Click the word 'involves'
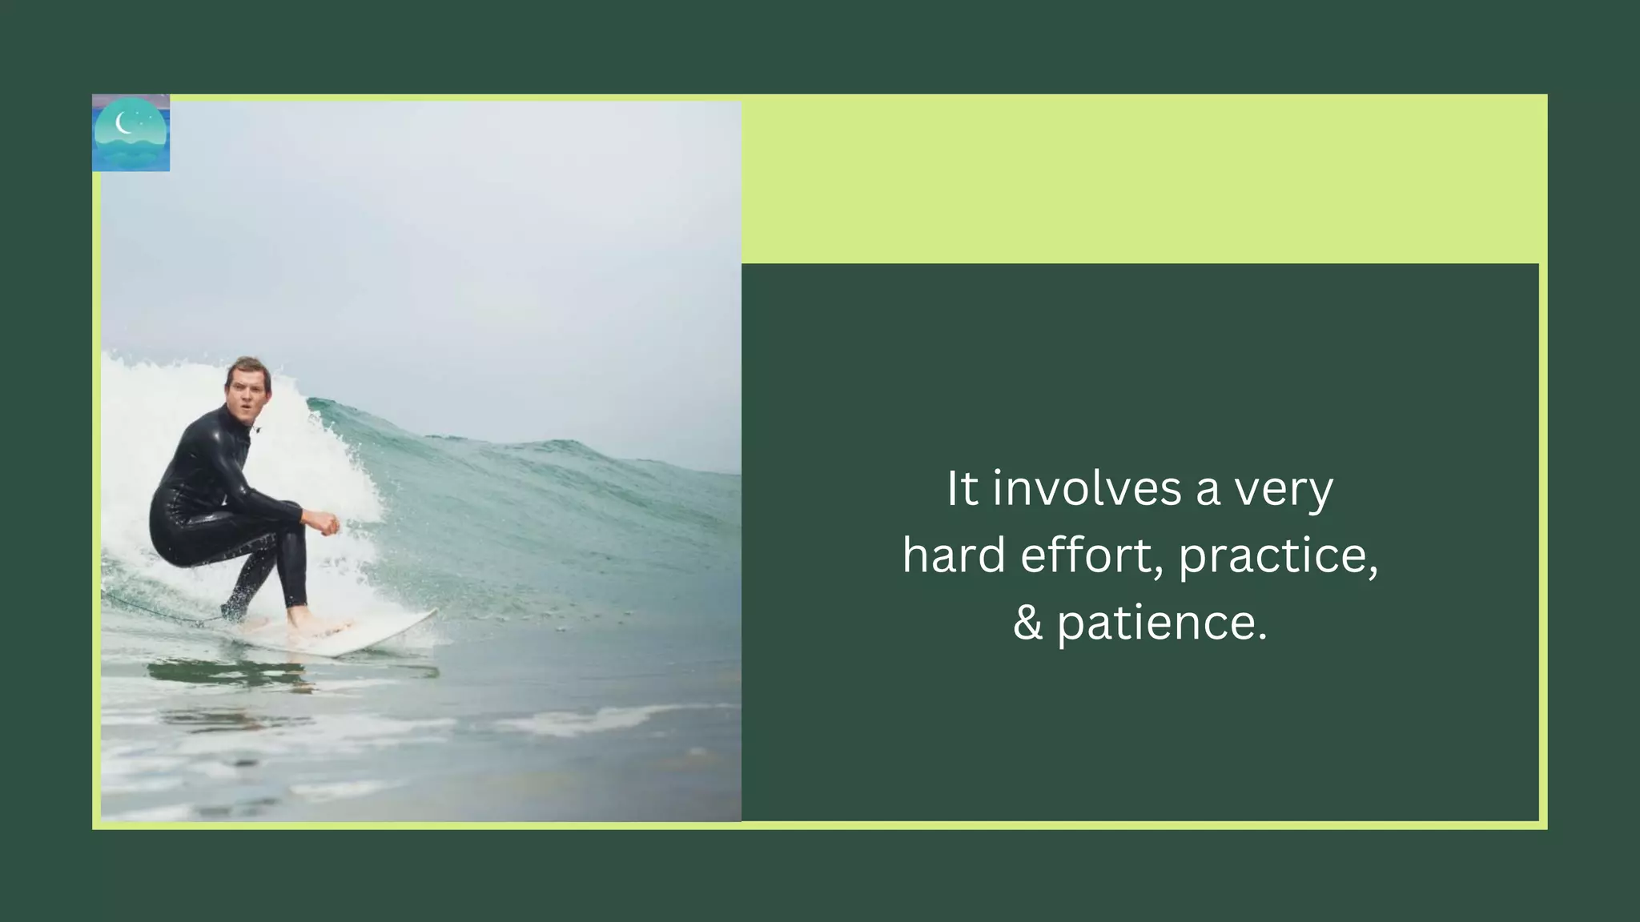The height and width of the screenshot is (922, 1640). coord(1087,488)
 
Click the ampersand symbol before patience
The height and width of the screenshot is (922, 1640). coord(1027,623)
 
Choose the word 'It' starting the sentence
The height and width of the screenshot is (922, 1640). coord(963,488)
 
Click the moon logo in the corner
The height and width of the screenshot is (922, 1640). coord(131,133)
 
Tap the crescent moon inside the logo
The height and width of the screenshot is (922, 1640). coord(123,122)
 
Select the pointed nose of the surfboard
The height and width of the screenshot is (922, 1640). coord(428,615)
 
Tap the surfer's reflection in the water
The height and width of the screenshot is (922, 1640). coord(232,672)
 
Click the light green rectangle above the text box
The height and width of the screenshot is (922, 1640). coord(1144,178)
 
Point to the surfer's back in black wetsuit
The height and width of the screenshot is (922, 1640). coord(188,472)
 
